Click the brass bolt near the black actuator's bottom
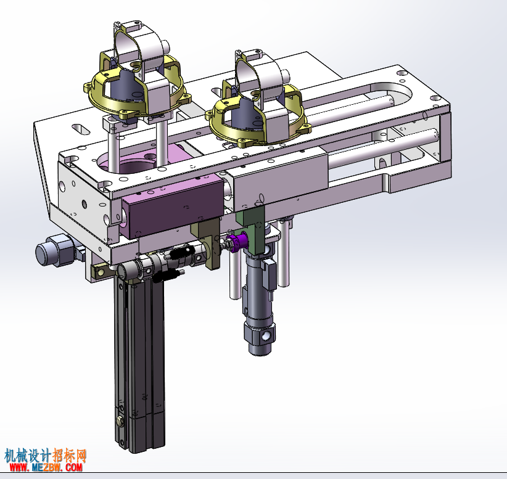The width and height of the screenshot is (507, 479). [120, 421]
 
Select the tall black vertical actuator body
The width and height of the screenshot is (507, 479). [139, 365]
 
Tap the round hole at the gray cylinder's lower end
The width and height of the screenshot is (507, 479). [266, 337]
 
